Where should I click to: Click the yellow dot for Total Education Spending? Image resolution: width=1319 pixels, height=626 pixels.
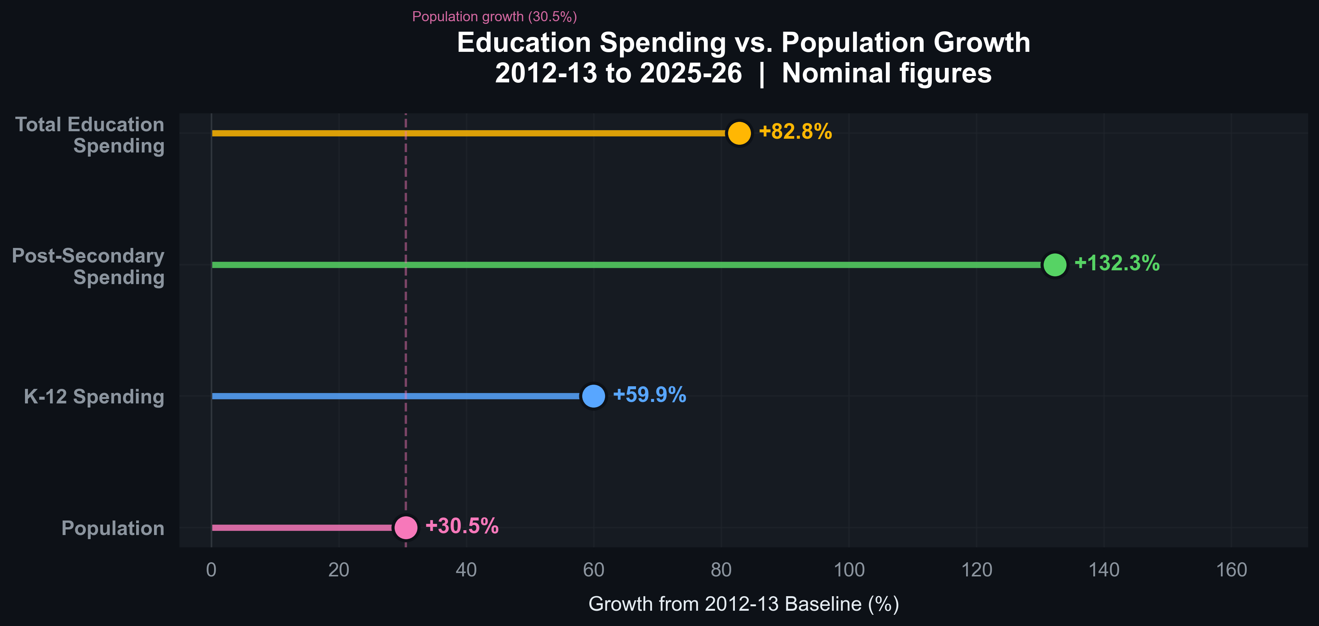pos(739,133)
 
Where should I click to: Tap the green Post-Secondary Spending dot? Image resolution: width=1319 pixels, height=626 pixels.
pos(1054,265)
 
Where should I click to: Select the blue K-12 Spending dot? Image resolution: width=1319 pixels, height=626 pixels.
pos(593,396)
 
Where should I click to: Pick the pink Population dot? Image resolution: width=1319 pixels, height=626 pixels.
pos(405,527)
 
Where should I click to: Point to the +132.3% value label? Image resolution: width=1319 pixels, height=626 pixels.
pos(1116,263)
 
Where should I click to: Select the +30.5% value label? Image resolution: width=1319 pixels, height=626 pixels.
pos(461,526)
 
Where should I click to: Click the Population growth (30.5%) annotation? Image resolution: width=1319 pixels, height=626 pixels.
pos(494,17)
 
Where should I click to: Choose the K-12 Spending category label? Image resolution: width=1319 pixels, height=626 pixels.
pos(94,397)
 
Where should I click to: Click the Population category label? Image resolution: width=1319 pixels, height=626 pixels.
pos(113,528)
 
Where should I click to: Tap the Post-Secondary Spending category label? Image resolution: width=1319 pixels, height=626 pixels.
pos(88,266)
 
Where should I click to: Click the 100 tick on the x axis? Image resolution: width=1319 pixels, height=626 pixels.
pos(849,570)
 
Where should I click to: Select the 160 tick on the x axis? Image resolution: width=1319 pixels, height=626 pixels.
pos(1231,570)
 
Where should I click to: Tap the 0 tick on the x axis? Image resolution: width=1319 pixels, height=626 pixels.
pos(211,570)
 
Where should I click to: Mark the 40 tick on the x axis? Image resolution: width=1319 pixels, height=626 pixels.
pos(466,570)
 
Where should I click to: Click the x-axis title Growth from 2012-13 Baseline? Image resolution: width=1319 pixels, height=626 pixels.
pos(743,604)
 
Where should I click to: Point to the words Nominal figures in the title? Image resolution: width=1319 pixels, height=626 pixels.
pos(886,73)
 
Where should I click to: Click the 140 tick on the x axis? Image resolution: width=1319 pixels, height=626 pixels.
pos(1103,570)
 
